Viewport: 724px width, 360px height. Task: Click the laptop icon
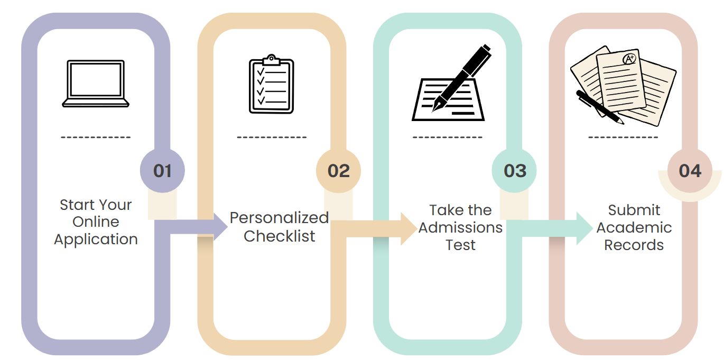coord(96,84)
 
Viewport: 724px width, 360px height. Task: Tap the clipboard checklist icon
coord(271,85)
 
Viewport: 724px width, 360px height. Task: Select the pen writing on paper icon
coord(449,85)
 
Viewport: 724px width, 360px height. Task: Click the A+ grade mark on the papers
coord(629,59)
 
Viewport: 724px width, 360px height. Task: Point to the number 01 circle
coord(163,171)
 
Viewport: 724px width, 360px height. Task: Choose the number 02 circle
coord(339,171)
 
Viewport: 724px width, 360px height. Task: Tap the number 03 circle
coord(515,171)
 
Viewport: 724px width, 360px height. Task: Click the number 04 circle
coord(690,171)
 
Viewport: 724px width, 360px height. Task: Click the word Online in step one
coord(96,221)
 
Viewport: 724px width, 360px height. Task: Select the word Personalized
coord(279,218)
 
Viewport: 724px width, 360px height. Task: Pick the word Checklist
coord(279,236)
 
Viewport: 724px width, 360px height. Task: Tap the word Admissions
coord(460,228)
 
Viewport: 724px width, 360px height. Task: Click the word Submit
coord(634,210)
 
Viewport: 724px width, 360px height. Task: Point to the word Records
coord(634,245)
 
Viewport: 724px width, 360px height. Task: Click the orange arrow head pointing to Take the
coord(408,228)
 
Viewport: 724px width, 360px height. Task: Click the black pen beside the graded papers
coord(599,107)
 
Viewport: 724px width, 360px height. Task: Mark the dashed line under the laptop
coord(96,137)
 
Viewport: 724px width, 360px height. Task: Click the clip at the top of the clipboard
coord(271,59)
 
